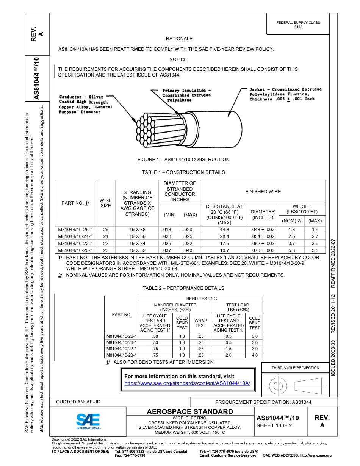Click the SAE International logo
tap(88, 421)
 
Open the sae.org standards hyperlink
tap(187, 383)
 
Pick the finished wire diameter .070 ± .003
tap(263, 250)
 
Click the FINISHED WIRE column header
tap(263, 192)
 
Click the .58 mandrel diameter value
tap(155, 336)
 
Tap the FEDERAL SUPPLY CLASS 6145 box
tap(298, 25)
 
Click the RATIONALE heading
tap(179, 39)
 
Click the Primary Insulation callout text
tap(186, 95)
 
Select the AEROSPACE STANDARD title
tap(190, 412)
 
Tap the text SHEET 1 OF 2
tap(274, 425)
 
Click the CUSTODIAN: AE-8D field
tap(78, 402)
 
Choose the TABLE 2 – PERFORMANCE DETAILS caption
tap(183, 288)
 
